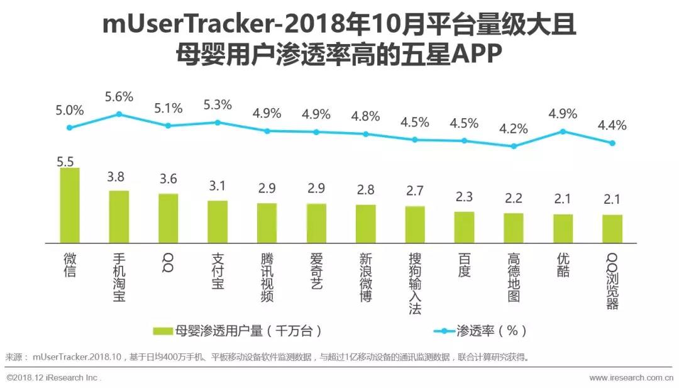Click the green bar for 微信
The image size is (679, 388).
70,205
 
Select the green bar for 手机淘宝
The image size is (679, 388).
119,216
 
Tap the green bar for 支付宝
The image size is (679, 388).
218,221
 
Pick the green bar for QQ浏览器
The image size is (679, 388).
612,229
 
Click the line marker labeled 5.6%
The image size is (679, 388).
119,114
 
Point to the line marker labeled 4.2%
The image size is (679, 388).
514,146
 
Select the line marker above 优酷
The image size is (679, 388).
563,131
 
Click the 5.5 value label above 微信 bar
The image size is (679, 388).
65,161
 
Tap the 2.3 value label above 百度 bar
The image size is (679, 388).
464,197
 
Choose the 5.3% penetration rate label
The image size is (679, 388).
218,104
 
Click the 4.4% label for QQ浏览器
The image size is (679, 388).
612,125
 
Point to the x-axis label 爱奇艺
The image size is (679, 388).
316,271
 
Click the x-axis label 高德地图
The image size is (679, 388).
514,277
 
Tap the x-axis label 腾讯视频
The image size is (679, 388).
267,277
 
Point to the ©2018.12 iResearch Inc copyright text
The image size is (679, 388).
53,378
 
